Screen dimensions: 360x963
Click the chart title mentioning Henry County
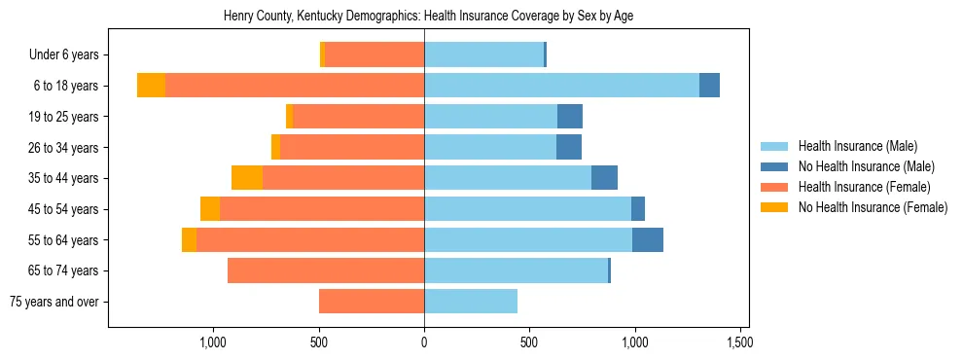tap(429, 17)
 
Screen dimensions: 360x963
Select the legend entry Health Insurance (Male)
tap(857, 146)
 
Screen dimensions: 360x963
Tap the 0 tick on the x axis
tap(424, 342)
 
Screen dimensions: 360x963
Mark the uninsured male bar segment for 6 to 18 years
tap(709, 86)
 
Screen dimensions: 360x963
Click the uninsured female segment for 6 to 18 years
tap(151, 86)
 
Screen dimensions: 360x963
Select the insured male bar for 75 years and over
tap(471, 302)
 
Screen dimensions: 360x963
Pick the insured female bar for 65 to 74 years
tap(326, 270)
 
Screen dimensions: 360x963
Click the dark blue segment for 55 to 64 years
tap(648, 239)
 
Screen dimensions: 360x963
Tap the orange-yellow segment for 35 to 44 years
tap(247, 178)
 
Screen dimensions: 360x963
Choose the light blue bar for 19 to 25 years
tap(490, 117)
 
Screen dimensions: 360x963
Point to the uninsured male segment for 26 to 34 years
tap(569, 147)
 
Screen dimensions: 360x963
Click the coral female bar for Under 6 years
tap(374, 54)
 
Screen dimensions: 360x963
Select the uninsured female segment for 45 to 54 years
tap(210, 209)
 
